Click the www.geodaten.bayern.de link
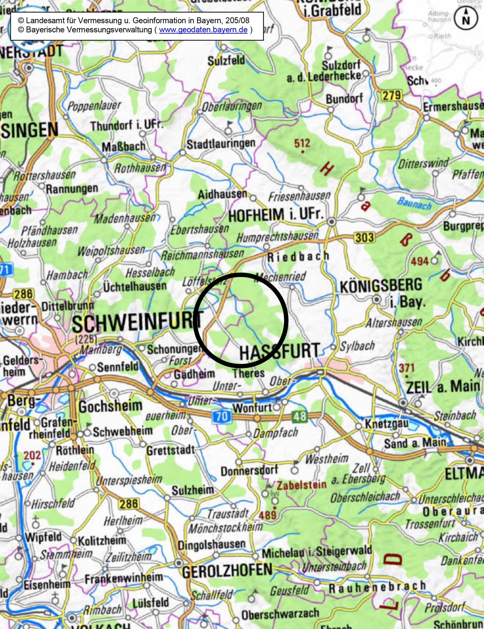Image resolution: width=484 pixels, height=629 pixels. tap(203, 30)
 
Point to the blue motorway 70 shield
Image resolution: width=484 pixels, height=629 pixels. tap(222, 417)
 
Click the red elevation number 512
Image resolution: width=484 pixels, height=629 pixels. tap(302, 143)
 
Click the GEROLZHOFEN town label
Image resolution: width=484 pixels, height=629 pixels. tap(227, 570)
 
